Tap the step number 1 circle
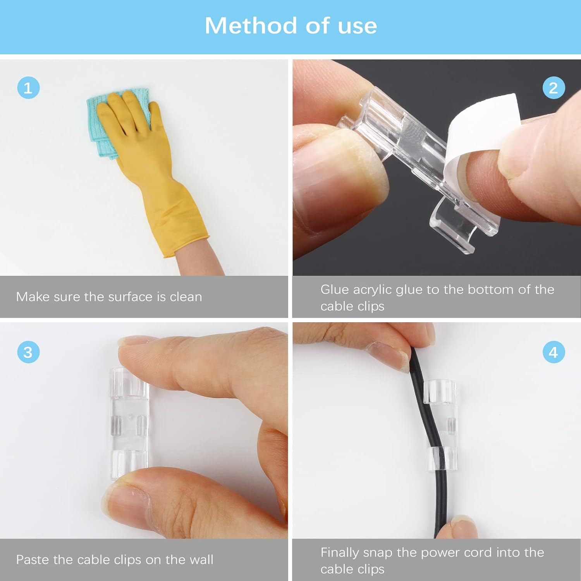coord(28,88)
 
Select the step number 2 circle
coord(553,88)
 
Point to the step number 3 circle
coord(28,352)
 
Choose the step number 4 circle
coord(553,352)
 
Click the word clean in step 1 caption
coord(186,297)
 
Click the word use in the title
coord(357,26)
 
